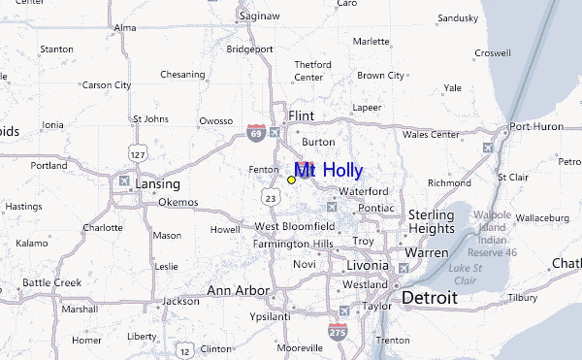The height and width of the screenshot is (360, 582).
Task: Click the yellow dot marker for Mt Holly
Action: coord(291,180)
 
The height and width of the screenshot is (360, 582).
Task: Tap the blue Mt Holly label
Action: coord(329,172)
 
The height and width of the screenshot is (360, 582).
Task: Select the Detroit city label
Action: coord(429,297)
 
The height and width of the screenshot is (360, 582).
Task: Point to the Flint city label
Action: coord(301,115)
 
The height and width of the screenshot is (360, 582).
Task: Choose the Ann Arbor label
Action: coord(238,289)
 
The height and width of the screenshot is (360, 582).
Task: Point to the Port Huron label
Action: coord(535,126)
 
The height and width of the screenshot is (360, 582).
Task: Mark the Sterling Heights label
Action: coord(431,221)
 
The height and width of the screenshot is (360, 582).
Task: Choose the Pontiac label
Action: coord(375,208)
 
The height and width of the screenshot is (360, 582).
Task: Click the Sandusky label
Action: coord(458,17)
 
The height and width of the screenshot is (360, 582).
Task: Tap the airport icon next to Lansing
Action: coord(123,180)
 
